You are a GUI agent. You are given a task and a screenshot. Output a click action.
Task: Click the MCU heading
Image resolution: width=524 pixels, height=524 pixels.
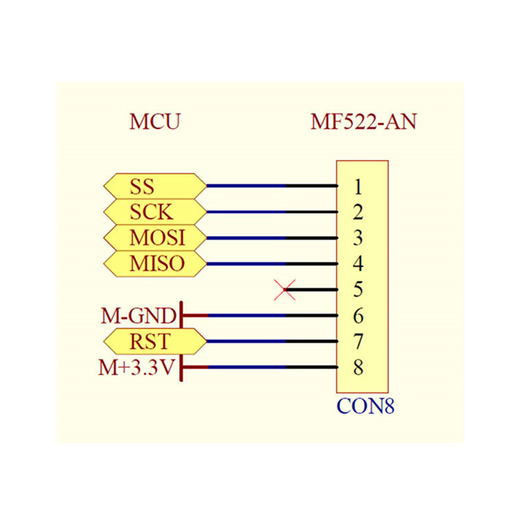tap(155, 121)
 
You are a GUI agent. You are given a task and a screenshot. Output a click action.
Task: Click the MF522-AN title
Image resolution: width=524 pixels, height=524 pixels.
tap(364, 121)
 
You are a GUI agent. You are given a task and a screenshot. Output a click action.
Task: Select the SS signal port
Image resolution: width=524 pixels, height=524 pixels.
tap(155, 186)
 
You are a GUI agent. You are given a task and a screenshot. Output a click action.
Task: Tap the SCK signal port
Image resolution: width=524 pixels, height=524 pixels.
tap(155, 212)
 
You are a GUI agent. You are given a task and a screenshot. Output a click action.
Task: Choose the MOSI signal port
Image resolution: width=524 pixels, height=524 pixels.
tap(155, 238)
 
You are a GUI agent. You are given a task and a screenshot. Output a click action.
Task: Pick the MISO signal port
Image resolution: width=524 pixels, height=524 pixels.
tap(155, 264)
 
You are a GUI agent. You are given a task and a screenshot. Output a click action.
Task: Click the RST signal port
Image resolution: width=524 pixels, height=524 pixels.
tap(155, 341)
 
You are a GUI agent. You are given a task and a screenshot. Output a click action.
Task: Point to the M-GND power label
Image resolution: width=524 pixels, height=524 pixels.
tap(138, 316)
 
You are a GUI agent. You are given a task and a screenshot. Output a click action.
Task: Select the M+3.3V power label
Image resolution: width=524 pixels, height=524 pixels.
tap(136, 367)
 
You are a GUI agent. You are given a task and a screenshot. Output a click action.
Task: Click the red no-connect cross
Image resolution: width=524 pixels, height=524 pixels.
tap(285, 290)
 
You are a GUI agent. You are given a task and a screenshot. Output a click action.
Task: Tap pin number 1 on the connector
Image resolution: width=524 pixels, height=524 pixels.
tap(358, 187)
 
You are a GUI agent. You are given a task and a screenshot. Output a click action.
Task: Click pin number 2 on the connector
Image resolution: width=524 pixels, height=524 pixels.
tap(358, 212)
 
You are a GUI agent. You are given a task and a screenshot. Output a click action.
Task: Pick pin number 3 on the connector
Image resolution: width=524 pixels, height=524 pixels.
tap(358, 238)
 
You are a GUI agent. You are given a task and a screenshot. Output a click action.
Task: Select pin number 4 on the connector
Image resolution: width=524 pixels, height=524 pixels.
tap(358, 264)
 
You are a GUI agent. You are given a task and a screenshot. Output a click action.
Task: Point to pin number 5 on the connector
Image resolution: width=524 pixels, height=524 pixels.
tap(358, 290)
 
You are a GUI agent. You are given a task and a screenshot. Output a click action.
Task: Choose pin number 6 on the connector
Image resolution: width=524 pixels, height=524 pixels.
tap(358, 316)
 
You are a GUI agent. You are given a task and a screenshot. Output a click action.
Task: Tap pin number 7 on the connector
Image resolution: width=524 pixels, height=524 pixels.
tap(358, 341)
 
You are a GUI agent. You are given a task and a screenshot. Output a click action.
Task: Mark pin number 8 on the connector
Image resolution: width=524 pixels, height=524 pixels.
tap(358, 367)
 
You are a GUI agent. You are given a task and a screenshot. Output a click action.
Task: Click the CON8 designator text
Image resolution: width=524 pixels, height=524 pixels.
tap(365, 406)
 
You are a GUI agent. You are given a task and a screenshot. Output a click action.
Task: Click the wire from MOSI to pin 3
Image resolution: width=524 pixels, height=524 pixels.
tap(272, 238)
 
